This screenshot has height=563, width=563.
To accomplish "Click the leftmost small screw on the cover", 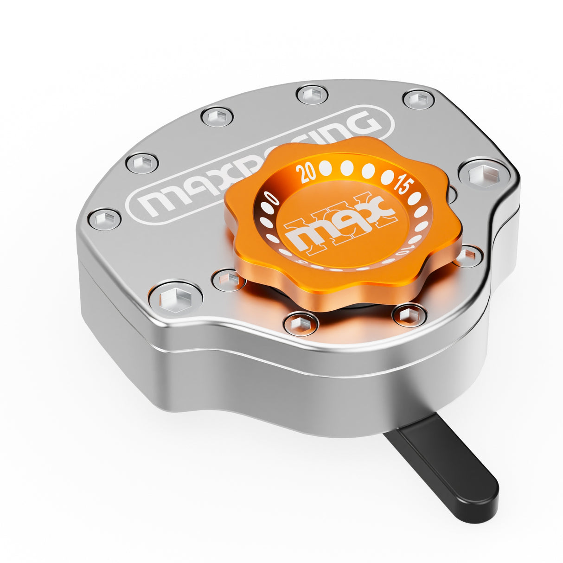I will (104, 219).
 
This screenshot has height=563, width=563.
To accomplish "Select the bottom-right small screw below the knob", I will (409, 315).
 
